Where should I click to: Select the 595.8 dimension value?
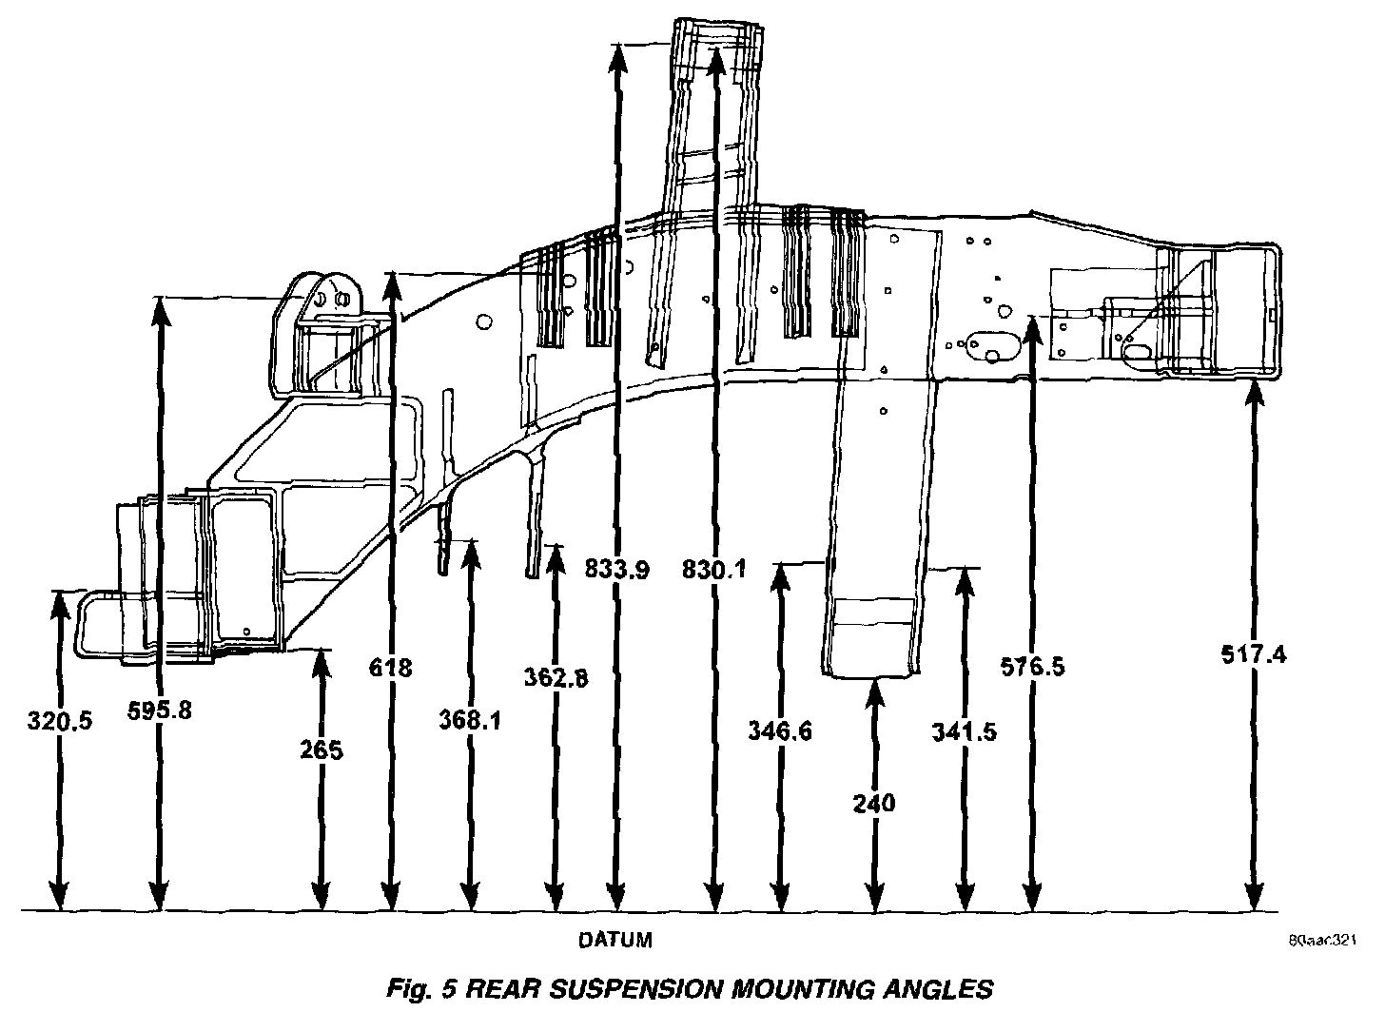[x=159, y=710]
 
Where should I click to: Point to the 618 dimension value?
[x=390, y=668]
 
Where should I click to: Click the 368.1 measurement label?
[x=470, y=721]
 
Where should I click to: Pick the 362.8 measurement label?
[x=556, y=678]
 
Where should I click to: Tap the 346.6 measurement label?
[x=780, y=732]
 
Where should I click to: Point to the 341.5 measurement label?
[x=965, y=732]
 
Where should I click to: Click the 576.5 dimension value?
[x=1033, y=667]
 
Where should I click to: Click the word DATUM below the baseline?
[x=616, y=941]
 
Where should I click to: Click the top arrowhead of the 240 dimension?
[x=874, y=691]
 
